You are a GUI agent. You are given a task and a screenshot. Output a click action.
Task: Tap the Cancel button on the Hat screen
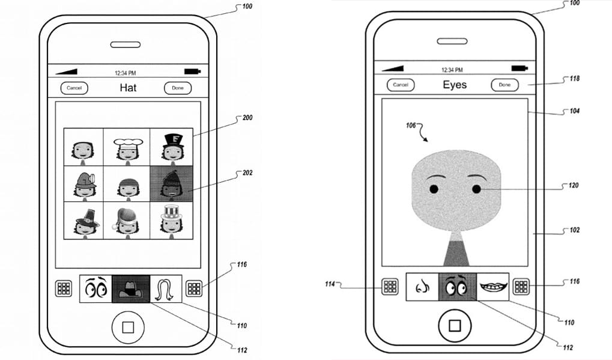(74, 88)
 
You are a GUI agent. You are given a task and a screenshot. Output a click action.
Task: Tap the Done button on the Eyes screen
(504, 85)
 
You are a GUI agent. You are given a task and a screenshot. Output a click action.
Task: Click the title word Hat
(128, 88)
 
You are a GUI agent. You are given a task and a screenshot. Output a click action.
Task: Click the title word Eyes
(455, 85)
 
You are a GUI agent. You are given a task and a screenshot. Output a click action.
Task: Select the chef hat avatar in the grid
(127, 147)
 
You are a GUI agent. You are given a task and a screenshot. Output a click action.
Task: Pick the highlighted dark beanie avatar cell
(172, 184)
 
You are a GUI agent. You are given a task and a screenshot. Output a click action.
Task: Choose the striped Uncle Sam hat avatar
(172, 221)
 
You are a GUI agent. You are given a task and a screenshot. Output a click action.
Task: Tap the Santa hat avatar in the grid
(127, 221)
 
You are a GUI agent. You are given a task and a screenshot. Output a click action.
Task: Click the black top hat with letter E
(174, 141)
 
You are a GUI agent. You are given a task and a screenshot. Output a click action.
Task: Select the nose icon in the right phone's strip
(422, 287)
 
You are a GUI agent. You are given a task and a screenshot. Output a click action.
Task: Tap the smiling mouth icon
(493, 287)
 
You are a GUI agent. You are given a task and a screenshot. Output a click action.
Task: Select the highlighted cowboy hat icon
(131, 289)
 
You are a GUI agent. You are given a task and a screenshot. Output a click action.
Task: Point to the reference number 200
(247, 118)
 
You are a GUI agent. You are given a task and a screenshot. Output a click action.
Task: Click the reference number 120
(574, 185)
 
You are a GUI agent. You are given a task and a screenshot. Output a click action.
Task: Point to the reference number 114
(330, 284)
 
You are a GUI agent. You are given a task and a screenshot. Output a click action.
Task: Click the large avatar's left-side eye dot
(434, 189)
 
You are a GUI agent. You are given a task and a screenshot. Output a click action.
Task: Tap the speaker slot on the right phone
(452, 41)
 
